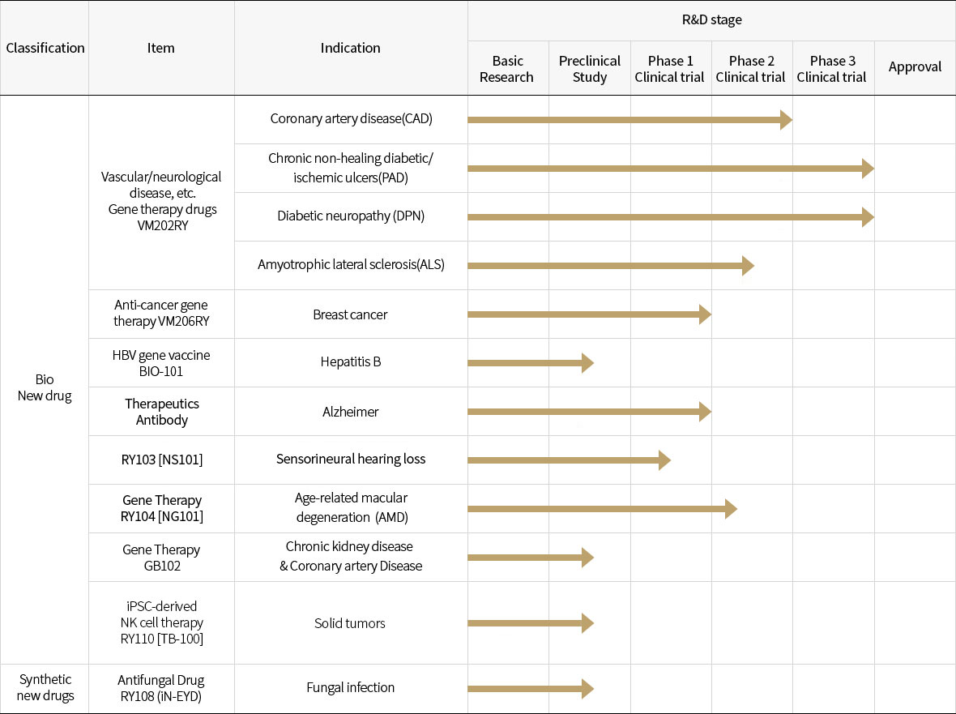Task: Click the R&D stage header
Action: (x=711, y=20)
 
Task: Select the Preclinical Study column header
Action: (x=589, y=69)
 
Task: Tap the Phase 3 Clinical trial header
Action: (x=832, y=69)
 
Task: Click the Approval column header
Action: (x=915, y=67)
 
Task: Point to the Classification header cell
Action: (x=45, y=48)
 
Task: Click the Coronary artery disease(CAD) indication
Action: (x=351, y=119)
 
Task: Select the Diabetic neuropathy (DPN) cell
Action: (x=351, y=216)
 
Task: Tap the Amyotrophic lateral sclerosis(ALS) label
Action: (x=351, y=264)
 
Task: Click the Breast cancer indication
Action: (x=351, y=314)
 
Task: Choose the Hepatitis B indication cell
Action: (x=351, y=361)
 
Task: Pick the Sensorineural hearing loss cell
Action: (x=351, y=459)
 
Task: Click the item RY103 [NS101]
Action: (x=161, y=460)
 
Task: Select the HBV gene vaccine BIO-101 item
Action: (x=161, y=362)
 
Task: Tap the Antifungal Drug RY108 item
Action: (x=161, y=687)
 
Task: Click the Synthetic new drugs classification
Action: (x=45, y=687)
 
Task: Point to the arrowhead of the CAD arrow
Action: (x=786, y=120)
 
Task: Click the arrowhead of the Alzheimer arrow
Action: (x=705, y=412)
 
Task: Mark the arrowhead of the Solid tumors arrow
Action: (x=587, y=623)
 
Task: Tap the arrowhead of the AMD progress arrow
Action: (x=731, y=509)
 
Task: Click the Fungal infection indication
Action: (x=351, y=687)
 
